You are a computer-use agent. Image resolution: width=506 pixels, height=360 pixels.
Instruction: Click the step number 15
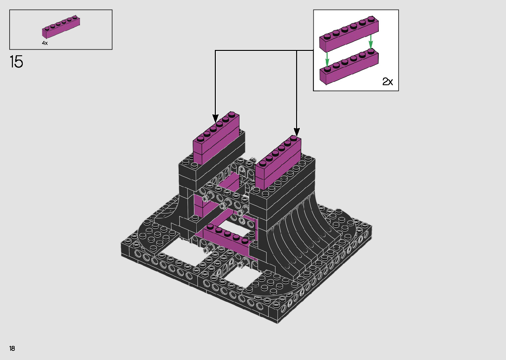[x=16, y=61]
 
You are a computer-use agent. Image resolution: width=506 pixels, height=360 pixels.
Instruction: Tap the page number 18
[x=12, y=348]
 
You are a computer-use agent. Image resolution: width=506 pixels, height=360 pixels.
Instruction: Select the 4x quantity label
[x=45, y=43]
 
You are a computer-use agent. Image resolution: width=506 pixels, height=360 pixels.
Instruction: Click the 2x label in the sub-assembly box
[x=387, y=81]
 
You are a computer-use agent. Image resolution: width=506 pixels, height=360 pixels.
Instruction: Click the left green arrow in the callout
[x=327, y=60]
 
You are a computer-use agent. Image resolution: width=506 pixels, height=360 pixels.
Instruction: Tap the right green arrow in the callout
[x=370, y=42]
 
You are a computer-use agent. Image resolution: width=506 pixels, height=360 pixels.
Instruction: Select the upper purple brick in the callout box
[x=349, y=34]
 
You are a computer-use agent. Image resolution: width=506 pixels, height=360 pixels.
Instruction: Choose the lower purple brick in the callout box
[x=349, y=67]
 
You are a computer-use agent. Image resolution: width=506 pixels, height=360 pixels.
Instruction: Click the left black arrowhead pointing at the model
[x=215, y=118]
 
